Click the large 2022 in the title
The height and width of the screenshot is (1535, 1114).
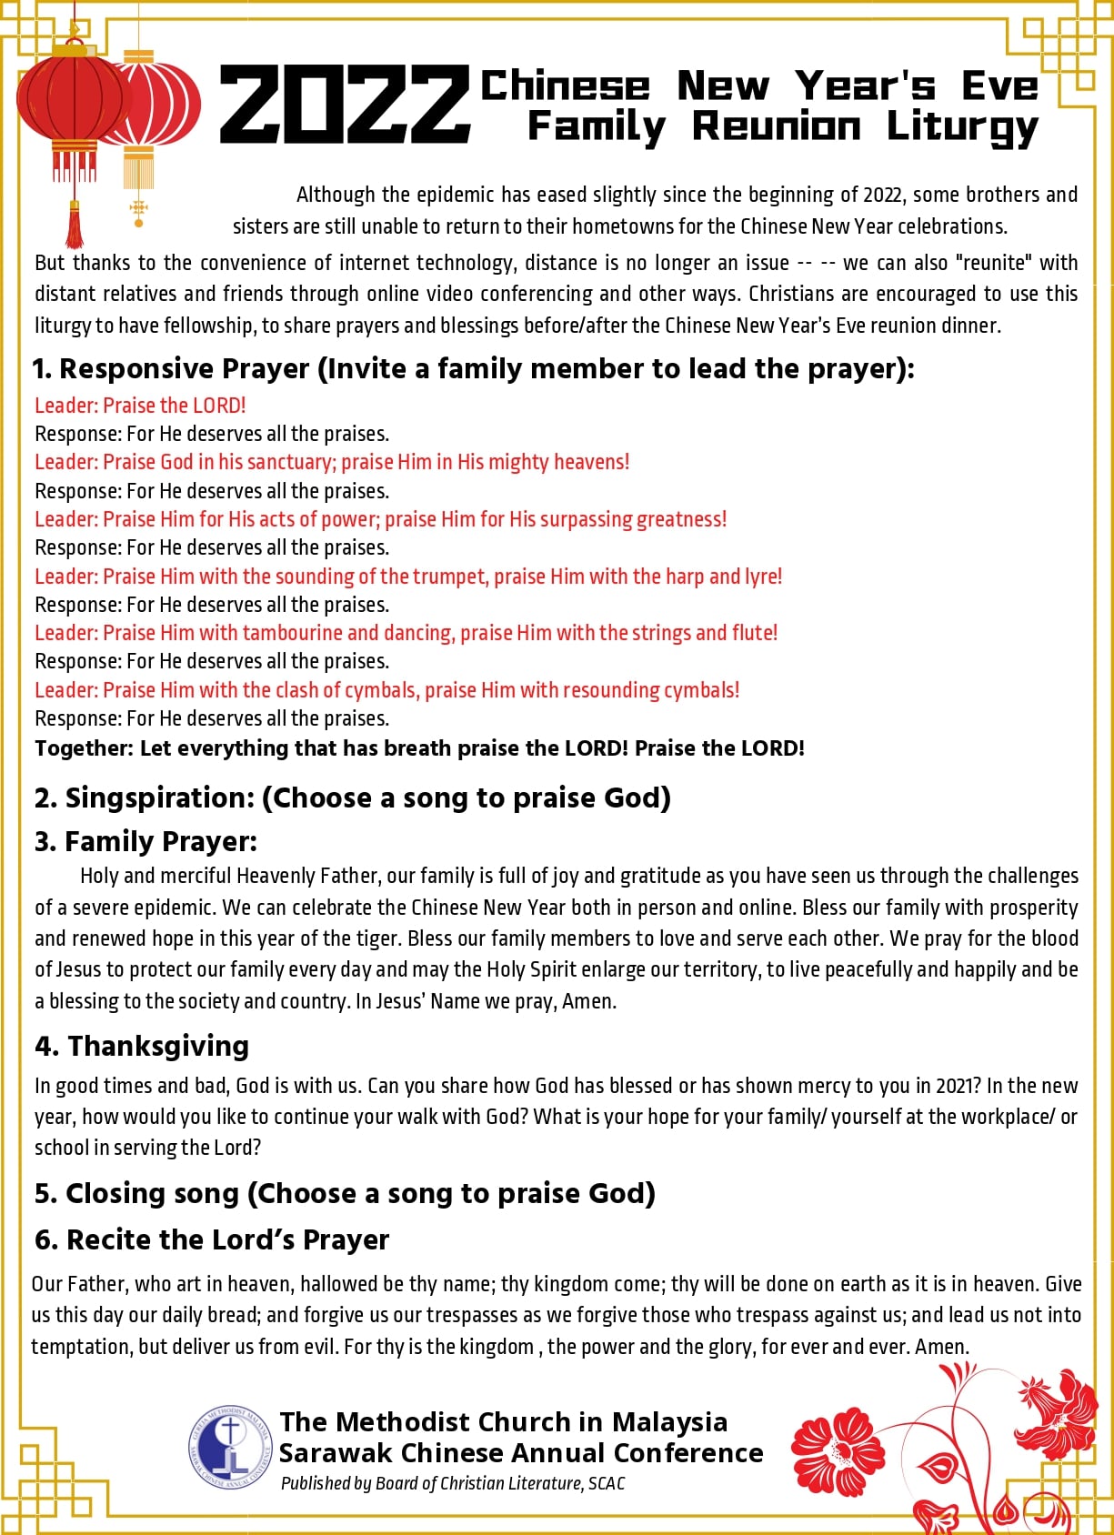[x=344, y=105]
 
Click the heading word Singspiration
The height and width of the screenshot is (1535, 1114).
[x=159, y=798]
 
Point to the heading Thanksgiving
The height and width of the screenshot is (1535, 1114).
[x=158, y=1046]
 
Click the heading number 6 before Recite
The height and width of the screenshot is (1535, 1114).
[x=45, y=1239]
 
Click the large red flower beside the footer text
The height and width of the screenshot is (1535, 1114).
[x=838, y=1452]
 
